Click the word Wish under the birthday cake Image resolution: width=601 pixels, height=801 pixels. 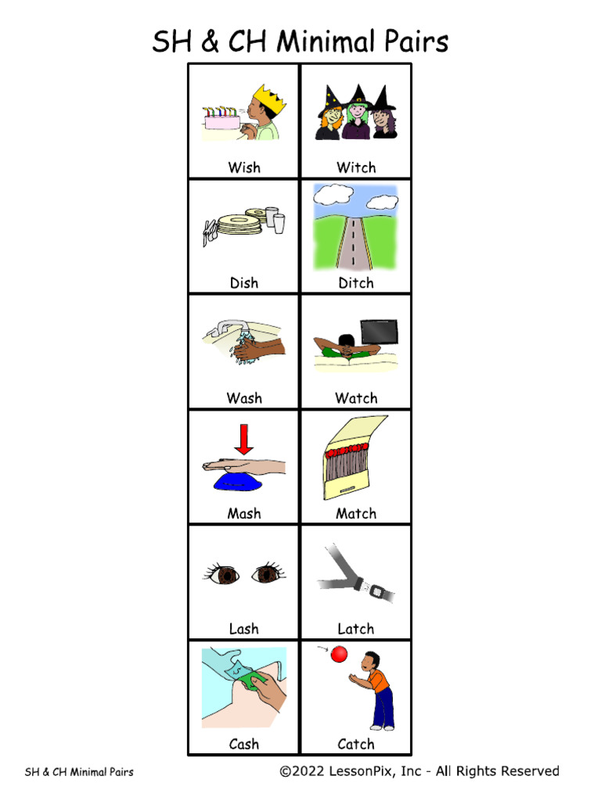click(244, 167)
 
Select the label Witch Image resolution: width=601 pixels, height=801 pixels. click(356, 167)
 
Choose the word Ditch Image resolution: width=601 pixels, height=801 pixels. click(356, 283)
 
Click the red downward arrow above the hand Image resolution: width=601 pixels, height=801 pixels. click(244, 439)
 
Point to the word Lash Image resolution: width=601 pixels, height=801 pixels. click(244, 629)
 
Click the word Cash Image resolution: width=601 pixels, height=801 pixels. click(244, 744)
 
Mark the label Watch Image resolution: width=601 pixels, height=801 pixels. click(356, 398)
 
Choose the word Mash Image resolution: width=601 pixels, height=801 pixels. click(244, 514)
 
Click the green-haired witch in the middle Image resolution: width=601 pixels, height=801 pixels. click(358, 114)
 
